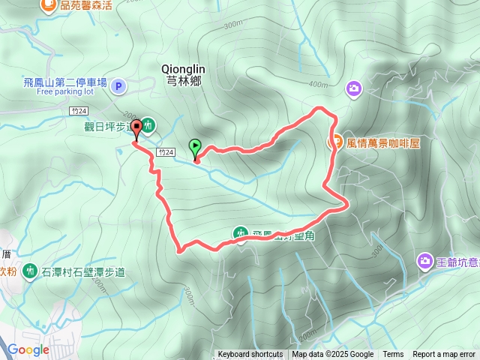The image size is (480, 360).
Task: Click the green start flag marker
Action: click(196, 146)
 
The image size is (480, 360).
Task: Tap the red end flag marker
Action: click(136, 127)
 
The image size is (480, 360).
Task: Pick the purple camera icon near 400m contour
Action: click(353, 89)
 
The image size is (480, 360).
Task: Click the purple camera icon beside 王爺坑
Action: click(425, 261)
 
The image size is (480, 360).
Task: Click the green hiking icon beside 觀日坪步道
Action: click(148, 125)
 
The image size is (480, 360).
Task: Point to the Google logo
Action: click(28, 349)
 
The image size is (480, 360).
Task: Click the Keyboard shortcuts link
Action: click(250, 355)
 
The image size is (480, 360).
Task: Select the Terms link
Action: click(393, 355)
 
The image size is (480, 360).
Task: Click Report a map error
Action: click(444, 355)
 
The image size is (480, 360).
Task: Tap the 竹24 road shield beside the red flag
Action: click(166, 152)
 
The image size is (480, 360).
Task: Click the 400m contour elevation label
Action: click(318, 84)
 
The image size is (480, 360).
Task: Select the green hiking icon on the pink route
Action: click(240, 235)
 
